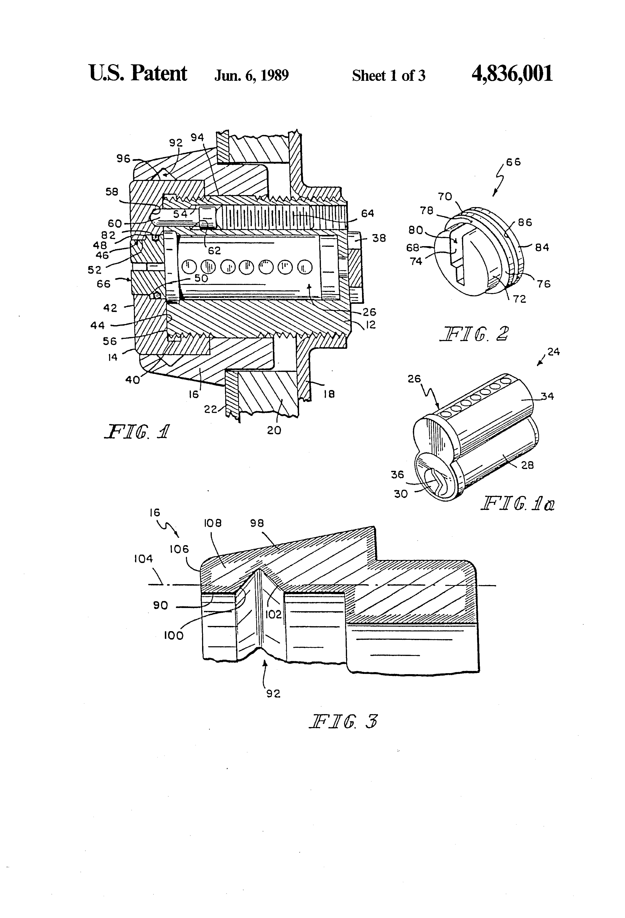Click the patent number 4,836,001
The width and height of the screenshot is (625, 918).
512,74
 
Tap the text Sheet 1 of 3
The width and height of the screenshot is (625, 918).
389,75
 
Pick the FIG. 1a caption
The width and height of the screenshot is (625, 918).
517,504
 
